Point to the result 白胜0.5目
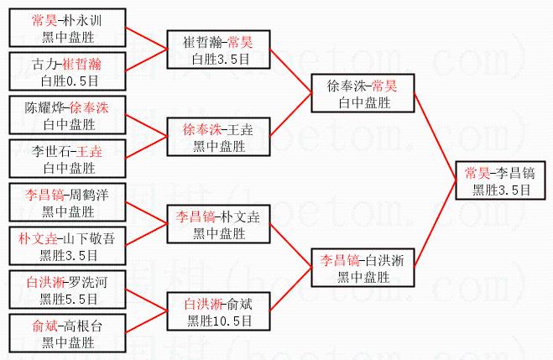(70, 80)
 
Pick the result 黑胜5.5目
(70, 298)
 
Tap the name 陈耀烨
(46, 107)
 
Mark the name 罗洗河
(88, 282)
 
